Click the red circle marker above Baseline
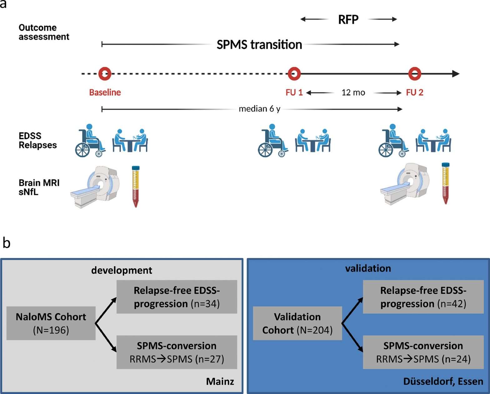tap(105, 74)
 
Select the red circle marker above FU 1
tap(294, 74)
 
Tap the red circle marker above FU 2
tap(415, 74)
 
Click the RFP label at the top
tap(348, 20)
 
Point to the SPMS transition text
tap(259, 45)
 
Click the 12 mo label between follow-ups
tap(353, 92)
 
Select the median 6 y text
tap(259, 109)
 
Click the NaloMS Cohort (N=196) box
tap(51, 323)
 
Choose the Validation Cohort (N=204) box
tap(297, 323)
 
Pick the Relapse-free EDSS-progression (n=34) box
tap(177, 297)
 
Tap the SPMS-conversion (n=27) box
tap(177, 352)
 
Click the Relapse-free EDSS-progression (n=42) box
tap(423, 297)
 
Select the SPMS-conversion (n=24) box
tap(423, 352)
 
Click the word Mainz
tap(220, 381)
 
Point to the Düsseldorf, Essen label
tap(443, 381)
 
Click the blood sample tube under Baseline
tap(136, 187)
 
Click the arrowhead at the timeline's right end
tap(456, 74)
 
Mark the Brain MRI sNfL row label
tap(39, 187)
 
